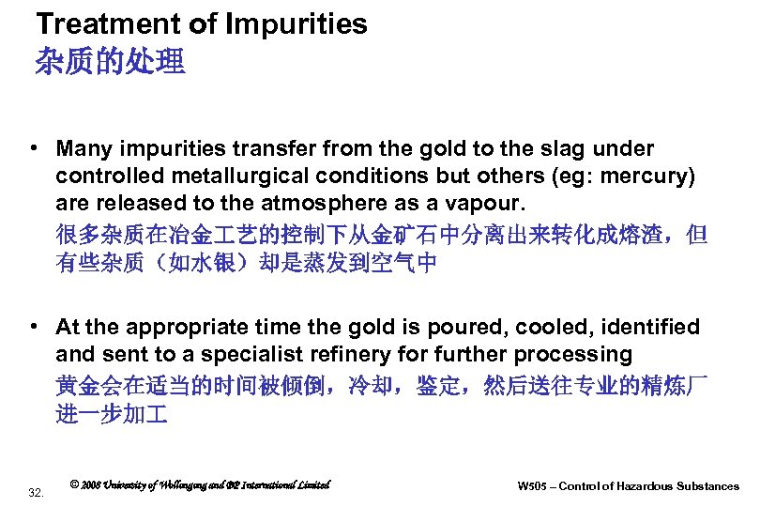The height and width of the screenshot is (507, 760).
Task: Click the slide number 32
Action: pos(37,492)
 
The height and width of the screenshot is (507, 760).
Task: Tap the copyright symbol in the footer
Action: pos(74,484)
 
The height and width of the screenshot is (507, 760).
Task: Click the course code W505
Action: pos(532,486)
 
